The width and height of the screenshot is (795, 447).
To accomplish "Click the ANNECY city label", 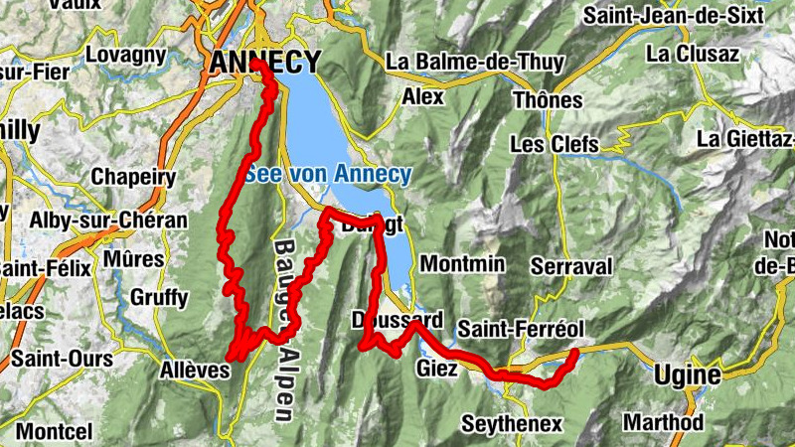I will (265, 62).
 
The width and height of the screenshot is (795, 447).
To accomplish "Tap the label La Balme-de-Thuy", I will (475, 62).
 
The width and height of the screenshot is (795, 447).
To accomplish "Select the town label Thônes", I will (547, 100).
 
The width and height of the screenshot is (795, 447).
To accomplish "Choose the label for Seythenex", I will (512, 424).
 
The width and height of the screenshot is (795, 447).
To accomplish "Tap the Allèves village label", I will (194, 371).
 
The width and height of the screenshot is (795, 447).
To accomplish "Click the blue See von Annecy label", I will (329, 175).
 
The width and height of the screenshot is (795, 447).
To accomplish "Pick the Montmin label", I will (463, 264).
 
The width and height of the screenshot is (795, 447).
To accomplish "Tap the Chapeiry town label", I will (133, 178).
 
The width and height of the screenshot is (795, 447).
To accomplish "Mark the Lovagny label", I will (123, 56).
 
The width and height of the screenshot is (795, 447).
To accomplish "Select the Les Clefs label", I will (555, 144).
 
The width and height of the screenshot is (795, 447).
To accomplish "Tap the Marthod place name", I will (663, 422).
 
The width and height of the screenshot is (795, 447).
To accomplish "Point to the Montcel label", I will (53, 432).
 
